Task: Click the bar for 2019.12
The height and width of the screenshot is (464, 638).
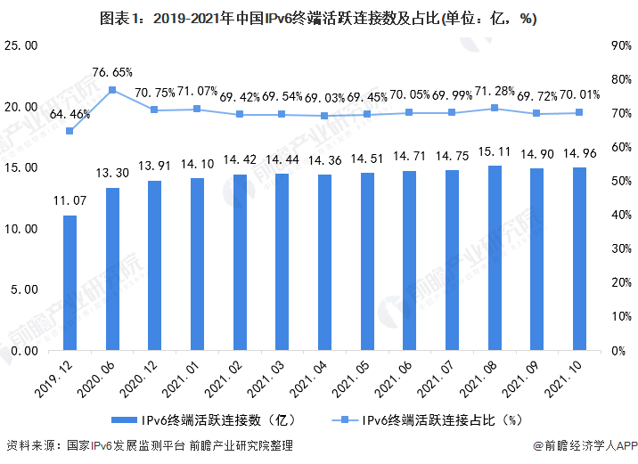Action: click(70, 282)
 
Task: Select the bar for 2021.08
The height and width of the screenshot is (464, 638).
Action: click(495, 258)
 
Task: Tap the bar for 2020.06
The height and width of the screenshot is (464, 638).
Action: click(112, 269)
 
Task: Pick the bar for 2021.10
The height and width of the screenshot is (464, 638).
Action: click(580, 259)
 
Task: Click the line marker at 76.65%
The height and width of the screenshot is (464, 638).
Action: click(112, 90)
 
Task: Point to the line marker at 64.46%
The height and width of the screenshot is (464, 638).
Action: click(70, 131)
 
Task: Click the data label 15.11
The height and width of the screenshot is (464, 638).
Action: click(495, 151)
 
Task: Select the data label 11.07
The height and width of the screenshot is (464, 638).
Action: click(70, 201)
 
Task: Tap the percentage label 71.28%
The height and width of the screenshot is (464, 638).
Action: click(495, 93)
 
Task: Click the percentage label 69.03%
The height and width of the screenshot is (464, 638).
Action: click(324, 95)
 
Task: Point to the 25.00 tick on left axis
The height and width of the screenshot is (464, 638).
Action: click(21, 45)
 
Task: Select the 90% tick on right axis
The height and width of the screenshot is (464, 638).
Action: click(621, 45)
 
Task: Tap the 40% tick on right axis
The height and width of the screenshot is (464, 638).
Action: click(621, 215)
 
